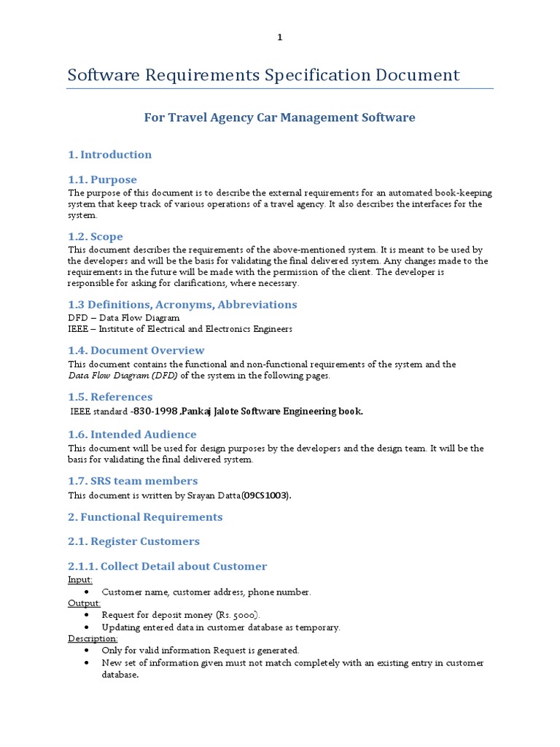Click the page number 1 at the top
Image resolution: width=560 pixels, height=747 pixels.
click(279, 39)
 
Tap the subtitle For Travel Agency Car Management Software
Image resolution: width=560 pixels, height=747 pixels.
click(279, 117)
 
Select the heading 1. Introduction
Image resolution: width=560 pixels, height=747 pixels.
click(109, 155)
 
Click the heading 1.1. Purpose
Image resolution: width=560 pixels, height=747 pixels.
click(102, 179)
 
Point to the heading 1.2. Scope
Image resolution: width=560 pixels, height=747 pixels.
click(96, 236)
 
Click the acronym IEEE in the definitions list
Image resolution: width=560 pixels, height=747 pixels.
click(78, 329)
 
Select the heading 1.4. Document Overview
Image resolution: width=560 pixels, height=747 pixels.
click(136, 350)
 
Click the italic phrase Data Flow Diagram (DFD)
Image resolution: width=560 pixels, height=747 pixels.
click(122, 376)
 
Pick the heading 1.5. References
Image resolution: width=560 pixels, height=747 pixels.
click(110, 397)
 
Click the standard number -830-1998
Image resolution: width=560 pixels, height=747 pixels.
click(154, 411)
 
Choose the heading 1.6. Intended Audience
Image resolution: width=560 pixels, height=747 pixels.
click(132, 434)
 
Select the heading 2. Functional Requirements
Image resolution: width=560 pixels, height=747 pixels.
click(145, 517)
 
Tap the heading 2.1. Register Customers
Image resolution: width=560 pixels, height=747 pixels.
click(133, 541)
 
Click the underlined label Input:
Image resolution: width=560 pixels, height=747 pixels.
click(80, 579)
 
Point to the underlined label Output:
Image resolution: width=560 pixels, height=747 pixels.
click(85, 603)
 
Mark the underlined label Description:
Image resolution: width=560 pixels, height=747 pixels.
click(93, 638)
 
